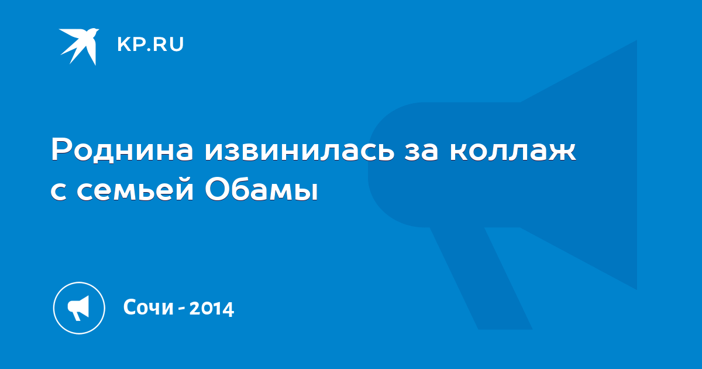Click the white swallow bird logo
80,46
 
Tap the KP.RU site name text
150,45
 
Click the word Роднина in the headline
122,150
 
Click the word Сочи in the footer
148,307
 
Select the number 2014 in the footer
212,309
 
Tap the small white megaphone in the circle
78,308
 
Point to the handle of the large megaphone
481,278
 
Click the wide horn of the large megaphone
579,165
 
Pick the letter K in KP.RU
123,45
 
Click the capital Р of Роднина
61,150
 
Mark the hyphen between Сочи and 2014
181,309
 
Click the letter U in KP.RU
177,45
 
